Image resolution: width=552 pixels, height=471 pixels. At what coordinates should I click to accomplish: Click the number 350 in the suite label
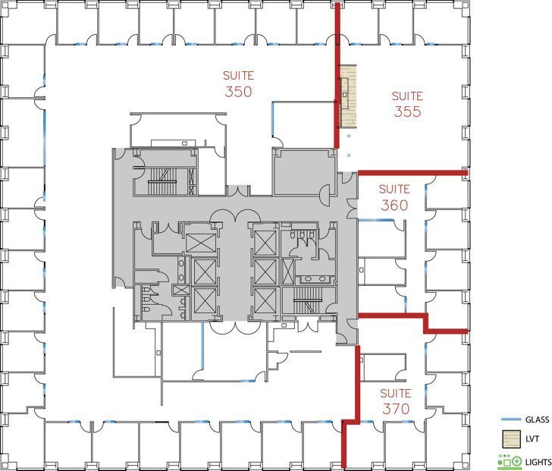point(238,92)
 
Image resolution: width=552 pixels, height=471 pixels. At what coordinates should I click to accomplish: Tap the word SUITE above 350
point(238,75)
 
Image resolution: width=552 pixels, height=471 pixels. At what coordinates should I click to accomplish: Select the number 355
point(407,112)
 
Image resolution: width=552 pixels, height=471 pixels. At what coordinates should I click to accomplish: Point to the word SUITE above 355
point(407,96)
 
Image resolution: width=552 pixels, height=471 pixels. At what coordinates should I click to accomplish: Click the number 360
point(394,205)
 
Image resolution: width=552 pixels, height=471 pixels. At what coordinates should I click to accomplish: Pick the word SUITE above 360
point(394,188)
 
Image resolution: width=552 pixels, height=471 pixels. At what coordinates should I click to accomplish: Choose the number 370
point(395,409)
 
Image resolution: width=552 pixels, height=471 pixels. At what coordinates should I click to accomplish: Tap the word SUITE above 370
point(395,393)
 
